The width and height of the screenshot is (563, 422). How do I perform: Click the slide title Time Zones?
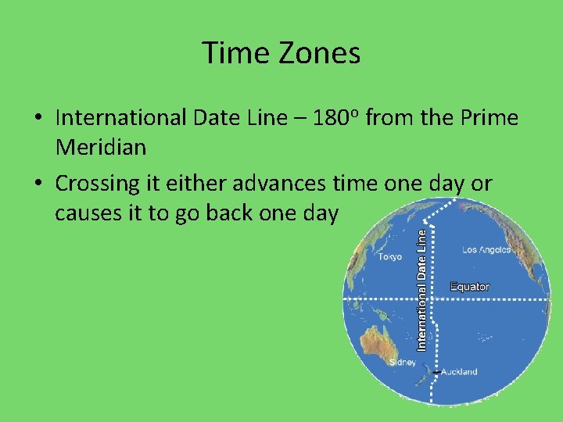click(281, 53)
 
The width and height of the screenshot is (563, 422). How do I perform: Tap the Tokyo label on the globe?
click(389, 256)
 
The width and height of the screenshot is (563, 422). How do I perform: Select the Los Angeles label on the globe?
click(486, 250)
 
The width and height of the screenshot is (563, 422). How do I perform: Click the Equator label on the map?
click(470, 287)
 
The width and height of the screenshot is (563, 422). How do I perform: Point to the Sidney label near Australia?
click(403, 362)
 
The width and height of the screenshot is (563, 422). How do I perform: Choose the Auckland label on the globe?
click(459, 372)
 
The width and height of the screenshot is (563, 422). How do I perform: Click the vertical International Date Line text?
click(422, 289)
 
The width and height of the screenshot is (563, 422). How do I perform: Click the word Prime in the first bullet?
click(489, 118)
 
